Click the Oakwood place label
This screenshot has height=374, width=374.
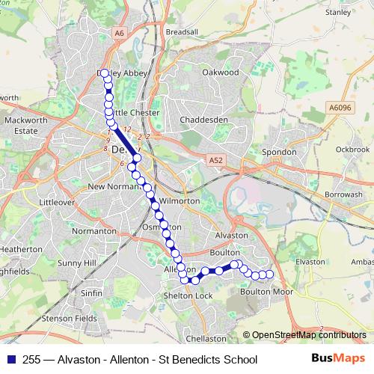(220, 73)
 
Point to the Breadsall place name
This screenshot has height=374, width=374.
(182, 33)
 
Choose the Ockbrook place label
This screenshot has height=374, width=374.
(353, 150)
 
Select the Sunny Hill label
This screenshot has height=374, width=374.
(78, 263)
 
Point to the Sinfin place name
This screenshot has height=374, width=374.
(91, 293)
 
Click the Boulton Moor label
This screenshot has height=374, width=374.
(266, 292)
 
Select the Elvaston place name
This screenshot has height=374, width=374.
(310, 262)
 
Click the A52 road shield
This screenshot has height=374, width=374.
(215, 160)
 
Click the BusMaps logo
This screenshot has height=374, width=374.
(338, 359)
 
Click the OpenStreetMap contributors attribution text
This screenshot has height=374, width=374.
(309, 335)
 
